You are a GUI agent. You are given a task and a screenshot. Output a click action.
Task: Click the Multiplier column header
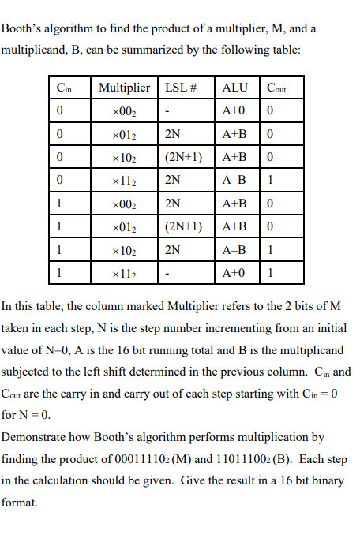pyautogui.click(x=124, y=88)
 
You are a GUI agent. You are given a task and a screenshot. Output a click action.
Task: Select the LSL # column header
pyautogui.click(x=180, y=88)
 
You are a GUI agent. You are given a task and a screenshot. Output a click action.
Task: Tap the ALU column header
pyautogui.click(x=235, y=88)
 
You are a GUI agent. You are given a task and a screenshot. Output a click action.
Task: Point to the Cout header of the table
pyautogui.click(x=277, y=88)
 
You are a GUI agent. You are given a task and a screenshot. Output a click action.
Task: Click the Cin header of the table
pyautogui.click(x=63, y=88)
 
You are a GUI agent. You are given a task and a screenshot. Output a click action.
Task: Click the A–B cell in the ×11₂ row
pyautogui.click(x=234, y=180)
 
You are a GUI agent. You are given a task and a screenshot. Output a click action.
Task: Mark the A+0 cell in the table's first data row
pyautogui.click(x=234, y=110)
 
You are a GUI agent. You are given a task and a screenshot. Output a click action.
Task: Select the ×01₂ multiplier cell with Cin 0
pyautogui.click(x=124, y=134)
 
